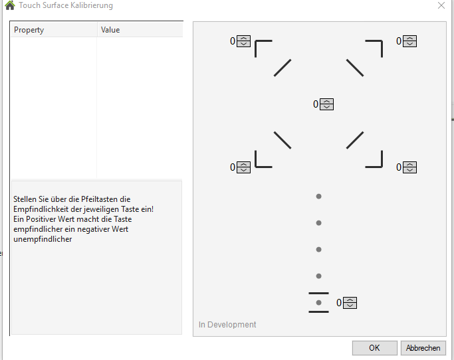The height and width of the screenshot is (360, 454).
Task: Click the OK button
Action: pyautogui.click(x=374, y=348)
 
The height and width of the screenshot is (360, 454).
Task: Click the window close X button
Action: pyautogui.click(x=441, y=5)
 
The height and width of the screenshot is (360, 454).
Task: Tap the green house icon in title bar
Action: pyautogui.click(x=9, y=5)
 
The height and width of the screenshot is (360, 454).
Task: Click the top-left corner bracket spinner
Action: pyautogui.click(x=243, y=41)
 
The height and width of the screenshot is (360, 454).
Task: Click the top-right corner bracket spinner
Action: pyautogui.click(x=409, y=41)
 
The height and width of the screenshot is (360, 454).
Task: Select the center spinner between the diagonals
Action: pyautogui.click(x=326, y=104)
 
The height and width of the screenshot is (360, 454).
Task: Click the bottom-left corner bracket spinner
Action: pyautogui.click(x=243, y=167)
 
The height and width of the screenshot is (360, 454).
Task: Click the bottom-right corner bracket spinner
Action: pyautogui.click(x=409, y=167)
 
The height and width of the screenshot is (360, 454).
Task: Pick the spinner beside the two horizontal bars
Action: pyautogui.click(x=350, y=303)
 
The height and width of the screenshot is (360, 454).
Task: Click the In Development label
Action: pyautogui.click(x=227, y=325)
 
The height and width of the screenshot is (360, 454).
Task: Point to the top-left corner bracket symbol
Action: pyautogui.click(x=263, y=48)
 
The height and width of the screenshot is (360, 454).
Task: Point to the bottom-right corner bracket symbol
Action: pyautogui.click(x=374, y=159)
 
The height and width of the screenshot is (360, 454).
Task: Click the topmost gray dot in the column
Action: pyautogui.click(x=318, y=197)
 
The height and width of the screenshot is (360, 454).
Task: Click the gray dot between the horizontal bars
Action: pyautogui.click(x=318, y=303)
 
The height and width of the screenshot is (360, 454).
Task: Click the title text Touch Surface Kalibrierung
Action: pyautogui.click(x=66, y=5)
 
